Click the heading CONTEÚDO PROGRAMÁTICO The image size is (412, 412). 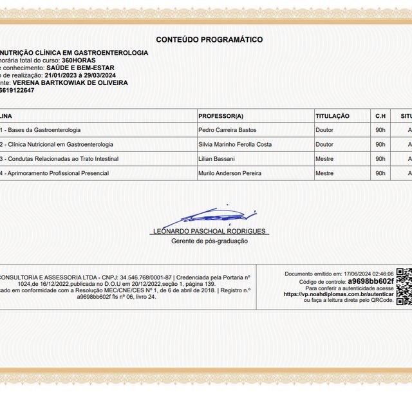(x=209, y=40)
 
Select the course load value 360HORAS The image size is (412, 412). (x=83, y=60)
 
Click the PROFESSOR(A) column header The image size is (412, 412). (x=221, y=116)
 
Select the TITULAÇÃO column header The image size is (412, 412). (x=332, y=116)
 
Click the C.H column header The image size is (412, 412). (x=380, y=116)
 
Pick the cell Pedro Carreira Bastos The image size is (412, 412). (x=227, y=130)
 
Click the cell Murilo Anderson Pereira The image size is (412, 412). (x=230, y=173)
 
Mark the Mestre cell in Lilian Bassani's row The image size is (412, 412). (x=324, y=158)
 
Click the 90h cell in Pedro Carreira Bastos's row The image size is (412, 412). (x=380, y=130)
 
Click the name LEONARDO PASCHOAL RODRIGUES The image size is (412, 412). (x=209, y=231)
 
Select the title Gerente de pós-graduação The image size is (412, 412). (x=209, y=241)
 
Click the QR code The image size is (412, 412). (x=403, y=286)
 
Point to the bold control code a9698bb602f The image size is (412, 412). (x=370, y=281)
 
